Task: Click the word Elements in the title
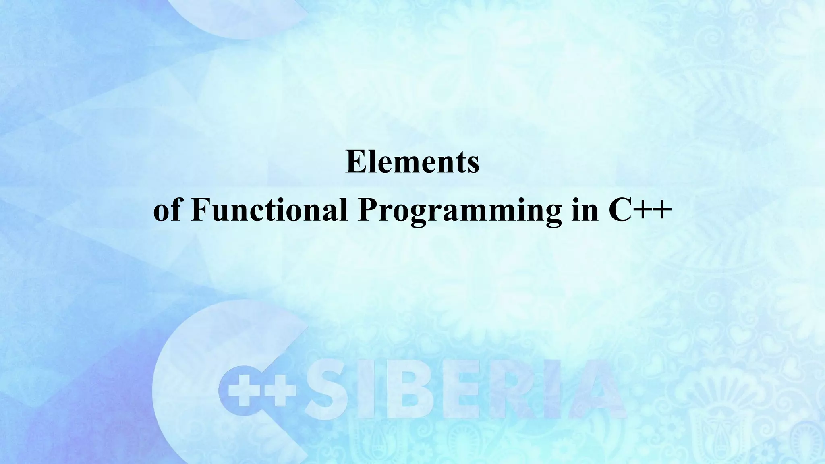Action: point(412,162)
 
